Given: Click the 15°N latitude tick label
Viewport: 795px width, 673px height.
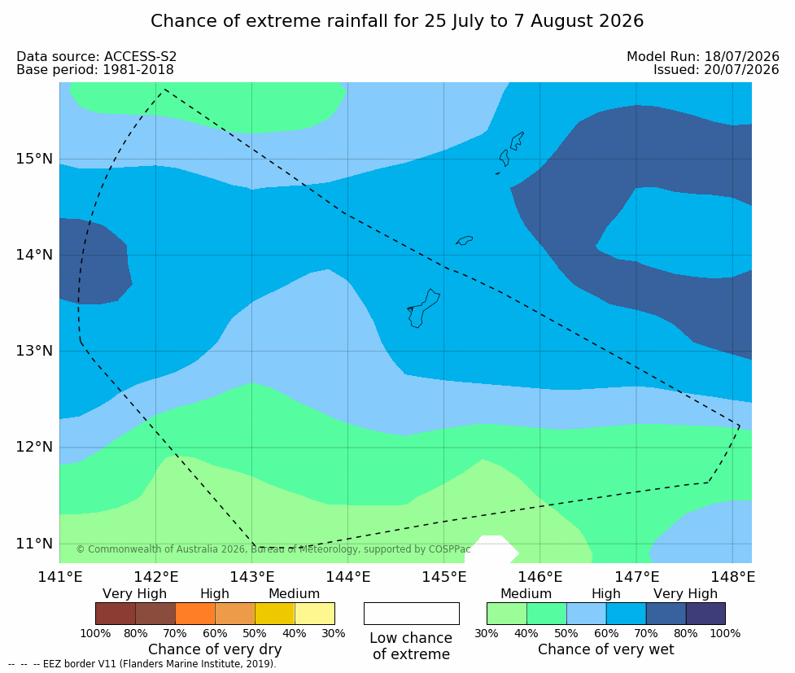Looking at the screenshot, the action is (x=34, y=159).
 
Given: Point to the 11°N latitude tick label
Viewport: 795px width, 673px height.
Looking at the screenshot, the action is (x=34, y=544).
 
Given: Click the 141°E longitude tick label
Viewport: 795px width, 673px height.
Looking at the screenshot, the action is (x=60, y=577).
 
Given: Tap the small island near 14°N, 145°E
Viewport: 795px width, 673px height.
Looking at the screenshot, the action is (x=465, y=240).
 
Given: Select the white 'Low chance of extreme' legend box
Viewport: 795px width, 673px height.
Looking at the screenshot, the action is (x=412, y=614).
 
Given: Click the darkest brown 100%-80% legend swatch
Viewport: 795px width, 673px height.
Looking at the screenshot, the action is (x=116, y=614).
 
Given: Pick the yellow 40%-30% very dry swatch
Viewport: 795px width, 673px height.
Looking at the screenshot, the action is (x=314, y=614).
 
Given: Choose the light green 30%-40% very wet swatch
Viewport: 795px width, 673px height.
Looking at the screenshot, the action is (x=507, y=614).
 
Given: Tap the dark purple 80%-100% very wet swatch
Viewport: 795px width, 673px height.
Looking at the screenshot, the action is (x=705, y=614).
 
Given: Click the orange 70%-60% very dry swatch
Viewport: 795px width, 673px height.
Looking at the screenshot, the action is (x=195, y=614).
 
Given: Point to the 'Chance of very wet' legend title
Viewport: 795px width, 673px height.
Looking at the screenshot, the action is (x=606, y=649).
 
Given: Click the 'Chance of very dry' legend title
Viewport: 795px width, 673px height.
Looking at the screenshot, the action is (x=215, y=649).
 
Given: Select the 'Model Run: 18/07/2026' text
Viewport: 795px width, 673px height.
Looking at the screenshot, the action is (x=703, y=56).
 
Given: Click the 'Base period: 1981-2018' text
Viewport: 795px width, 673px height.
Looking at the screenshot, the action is (x=95, y=69).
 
